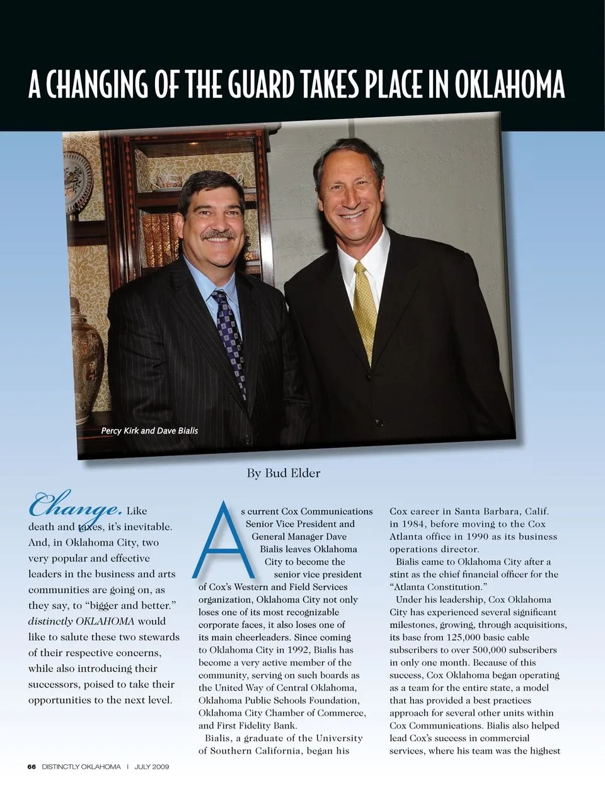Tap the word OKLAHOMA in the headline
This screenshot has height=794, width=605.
coord(509,84)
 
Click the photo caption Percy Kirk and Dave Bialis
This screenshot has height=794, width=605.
coord(149,430)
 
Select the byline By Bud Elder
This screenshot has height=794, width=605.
coord(284,473)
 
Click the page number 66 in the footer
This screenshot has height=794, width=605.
coord(32,767)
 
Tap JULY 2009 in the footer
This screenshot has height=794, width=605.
coord(152,767)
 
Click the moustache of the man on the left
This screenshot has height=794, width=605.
coord(219,235)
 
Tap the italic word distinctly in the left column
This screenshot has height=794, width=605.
coord(50,621)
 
